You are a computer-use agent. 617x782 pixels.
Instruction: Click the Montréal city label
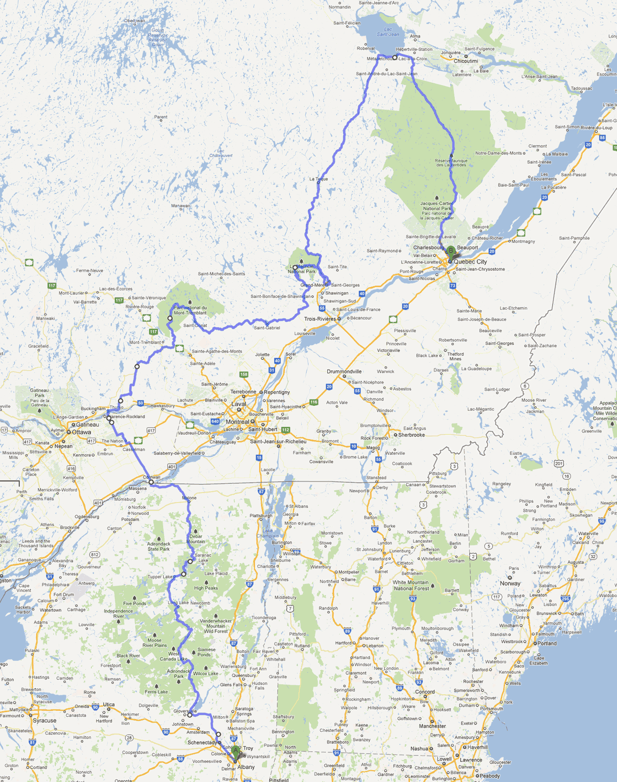(238, 422)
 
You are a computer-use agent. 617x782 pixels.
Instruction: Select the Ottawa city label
(81, 432)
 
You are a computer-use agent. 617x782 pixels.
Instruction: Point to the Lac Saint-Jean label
(388, 31)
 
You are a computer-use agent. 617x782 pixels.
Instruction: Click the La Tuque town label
(319, 179)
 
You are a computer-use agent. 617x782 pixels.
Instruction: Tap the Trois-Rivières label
(320, 319)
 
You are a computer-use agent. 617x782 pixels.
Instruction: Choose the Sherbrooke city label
(411, 435)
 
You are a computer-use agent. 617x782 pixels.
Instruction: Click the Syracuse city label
(44, 720)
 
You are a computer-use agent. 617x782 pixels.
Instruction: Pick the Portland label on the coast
(547, 643)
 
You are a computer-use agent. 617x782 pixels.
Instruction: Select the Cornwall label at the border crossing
(152, 477)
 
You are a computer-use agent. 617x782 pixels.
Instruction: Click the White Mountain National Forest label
(411, 585)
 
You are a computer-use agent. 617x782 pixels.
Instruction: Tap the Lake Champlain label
(268, 533)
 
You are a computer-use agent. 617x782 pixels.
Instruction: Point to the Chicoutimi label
(466, 61)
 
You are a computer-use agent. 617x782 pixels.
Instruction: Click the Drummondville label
(344, 372)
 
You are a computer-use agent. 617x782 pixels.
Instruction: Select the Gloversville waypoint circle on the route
(190, 715)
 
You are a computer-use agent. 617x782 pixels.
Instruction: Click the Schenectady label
(202, 742)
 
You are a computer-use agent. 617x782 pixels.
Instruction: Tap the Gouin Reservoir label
(158, 35)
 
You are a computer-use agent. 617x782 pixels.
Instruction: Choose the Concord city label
(425, 692)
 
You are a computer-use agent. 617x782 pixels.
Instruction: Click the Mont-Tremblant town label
(145, 342)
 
